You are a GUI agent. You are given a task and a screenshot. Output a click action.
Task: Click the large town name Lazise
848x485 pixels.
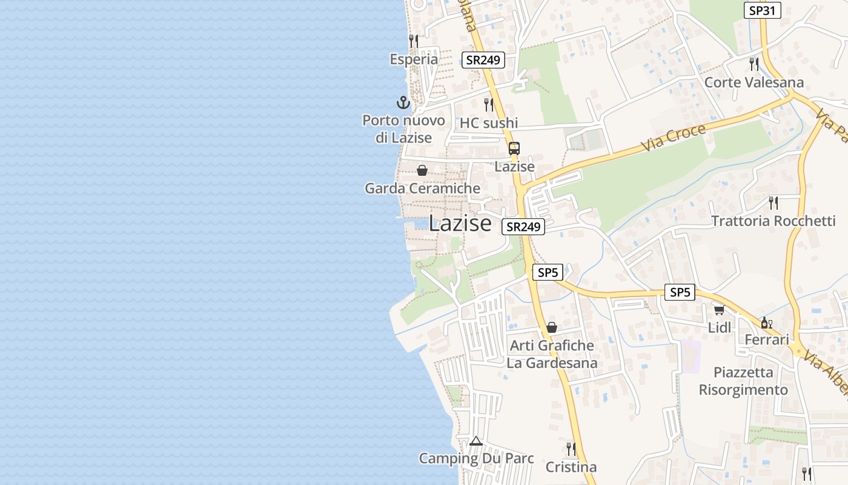[460, 224]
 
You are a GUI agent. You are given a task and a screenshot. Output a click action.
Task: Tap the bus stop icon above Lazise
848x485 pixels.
[514, 148]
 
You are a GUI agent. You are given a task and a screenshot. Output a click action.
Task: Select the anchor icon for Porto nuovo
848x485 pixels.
[403, 102]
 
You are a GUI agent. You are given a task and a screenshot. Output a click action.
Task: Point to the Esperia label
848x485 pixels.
[414, 59]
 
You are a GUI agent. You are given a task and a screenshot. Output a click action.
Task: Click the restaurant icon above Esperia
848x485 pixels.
[414, 41]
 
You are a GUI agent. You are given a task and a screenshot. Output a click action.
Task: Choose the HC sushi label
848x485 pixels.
[489, 123]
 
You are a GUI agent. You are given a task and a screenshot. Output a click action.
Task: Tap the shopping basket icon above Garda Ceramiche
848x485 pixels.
[422, 170]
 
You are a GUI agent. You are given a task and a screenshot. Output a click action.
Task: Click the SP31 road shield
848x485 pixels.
[763, 10]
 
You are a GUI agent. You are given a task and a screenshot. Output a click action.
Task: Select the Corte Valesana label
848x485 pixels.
[754, 82]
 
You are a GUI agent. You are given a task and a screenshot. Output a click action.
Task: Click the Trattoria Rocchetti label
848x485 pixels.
[773, 221]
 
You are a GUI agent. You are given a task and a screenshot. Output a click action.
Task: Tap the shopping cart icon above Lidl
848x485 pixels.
[719, 310]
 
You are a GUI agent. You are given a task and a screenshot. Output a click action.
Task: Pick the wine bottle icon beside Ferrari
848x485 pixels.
[766, 323]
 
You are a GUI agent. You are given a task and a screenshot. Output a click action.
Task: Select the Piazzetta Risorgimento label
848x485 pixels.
[743, 381]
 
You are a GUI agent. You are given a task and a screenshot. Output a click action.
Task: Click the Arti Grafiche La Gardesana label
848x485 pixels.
[552, 354]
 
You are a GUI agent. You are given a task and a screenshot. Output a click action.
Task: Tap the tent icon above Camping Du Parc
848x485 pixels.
[476, 441]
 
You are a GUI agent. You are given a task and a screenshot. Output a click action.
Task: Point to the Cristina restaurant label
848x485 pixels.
[571, 467]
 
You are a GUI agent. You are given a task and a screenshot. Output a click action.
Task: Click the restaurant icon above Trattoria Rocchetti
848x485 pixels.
[773, 202]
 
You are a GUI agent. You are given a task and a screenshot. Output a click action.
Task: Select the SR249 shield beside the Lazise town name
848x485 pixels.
[523, 227]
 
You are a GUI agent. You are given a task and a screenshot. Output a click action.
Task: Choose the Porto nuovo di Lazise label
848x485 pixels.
[403, 129]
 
